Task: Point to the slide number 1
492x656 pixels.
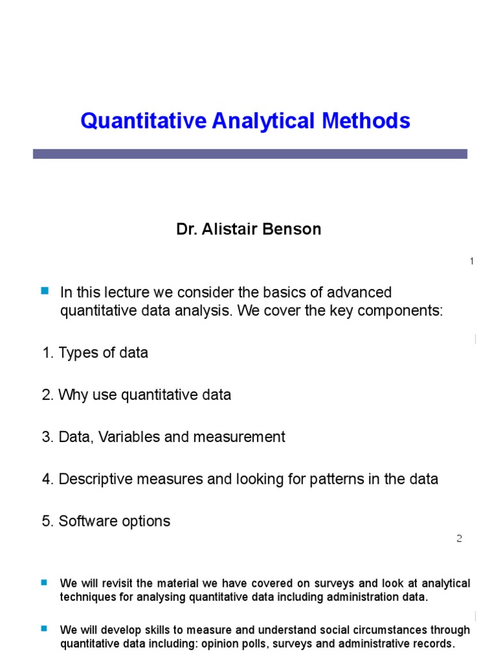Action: coord(471,261)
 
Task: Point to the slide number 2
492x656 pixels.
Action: coord(459,539)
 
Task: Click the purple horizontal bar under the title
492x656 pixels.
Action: coord(250,154)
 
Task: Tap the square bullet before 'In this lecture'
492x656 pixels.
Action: coord(45,291)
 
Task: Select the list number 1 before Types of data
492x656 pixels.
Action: coord(46,353)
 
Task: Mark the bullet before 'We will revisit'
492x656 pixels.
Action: coord(44,582)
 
